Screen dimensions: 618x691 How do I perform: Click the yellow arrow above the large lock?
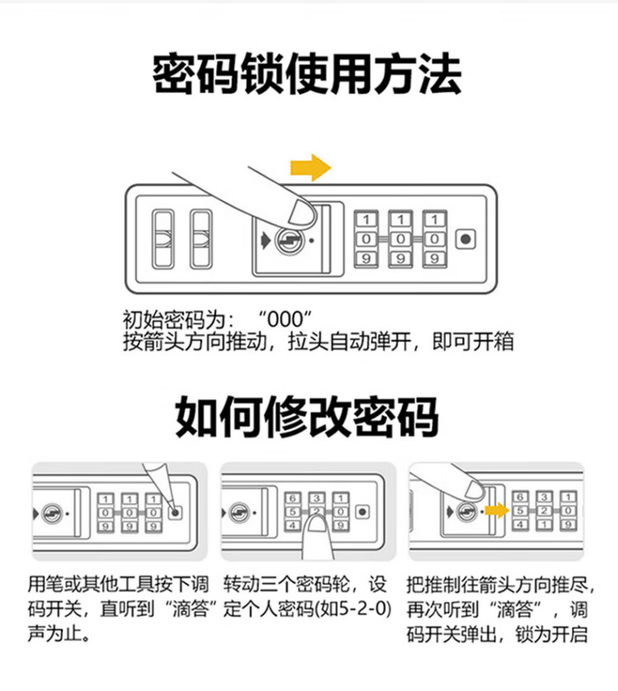click(x=311, y=167)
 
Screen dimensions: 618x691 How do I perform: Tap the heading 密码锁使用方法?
click(x=307, y=73)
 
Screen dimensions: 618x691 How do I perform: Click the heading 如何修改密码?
click(x=307, y=416)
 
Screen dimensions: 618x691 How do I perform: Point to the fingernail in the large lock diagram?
click(x=302, y=212)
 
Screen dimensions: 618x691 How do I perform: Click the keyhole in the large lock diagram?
click(x=289, y=240)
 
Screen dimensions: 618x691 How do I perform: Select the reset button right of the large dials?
click(x=466, y=240)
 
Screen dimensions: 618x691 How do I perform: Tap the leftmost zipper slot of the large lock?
click(x=162, y=239)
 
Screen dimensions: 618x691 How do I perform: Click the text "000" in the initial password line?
click(x=286, y=319)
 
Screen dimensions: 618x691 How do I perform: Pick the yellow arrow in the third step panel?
click(x=497, y=511)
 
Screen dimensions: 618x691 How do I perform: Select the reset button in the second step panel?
click(x=363, y=512)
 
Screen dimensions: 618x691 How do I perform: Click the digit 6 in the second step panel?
click(x=293, y=498)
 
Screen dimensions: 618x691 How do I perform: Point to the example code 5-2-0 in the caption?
click(x=364, y=609)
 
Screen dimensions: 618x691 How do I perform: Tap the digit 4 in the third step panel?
click(x=521, y=525)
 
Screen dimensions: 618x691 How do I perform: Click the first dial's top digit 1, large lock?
click(x=367, y=219)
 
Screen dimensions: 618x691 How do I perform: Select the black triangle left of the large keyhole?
click(x=265, y=240)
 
